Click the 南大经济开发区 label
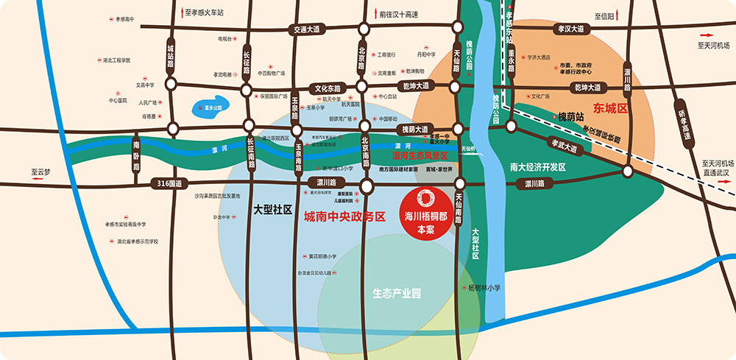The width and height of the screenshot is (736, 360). [x=537, y=167]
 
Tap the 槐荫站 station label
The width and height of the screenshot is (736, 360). [x=570, y=116]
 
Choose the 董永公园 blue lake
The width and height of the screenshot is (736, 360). [x=211, y=110]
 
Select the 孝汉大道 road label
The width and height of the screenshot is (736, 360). [x=570, y=29]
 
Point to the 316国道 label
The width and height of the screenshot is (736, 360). [x=169, y=183]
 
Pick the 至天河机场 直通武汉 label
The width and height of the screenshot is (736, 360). [x=716, y=167]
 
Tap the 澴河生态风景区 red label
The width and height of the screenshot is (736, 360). [x=420, y=156]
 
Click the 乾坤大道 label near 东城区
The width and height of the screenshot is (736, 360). [x=587, y=88]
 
